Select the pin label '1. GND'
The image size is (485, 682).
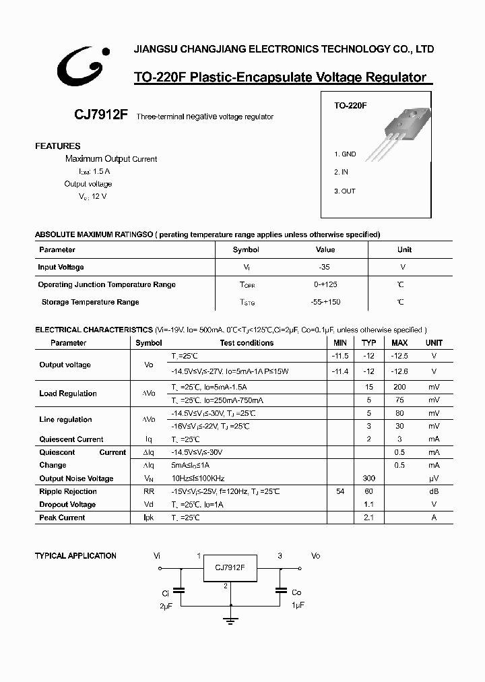tap(346, 154)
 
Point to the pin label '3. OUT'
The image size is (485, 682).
tap(345, 191)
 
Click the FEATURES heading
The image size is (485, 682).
tap(58, 146)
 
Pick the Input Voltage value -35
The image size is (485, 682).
tap(325, 267)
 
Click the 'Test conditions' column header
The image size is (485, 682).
tap(247, 342)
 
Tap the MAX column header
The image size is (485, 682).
tap(399, 342)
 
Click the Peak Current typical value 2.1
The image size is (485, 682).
tap(368, 518)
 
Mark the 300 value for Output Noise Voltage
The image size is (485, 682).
tap(368, 478)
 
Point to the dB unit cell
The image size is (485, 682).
tap(434, 492)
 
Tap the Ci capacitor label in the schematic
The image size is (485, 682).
tap(165, 593)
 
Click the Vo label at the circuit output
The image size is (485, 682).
tap(315, 556)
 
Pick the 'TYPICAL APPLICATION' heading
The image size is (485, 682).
tap(75, 556)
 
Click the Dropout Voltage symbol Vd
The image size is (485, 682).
tap(149, 505)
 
